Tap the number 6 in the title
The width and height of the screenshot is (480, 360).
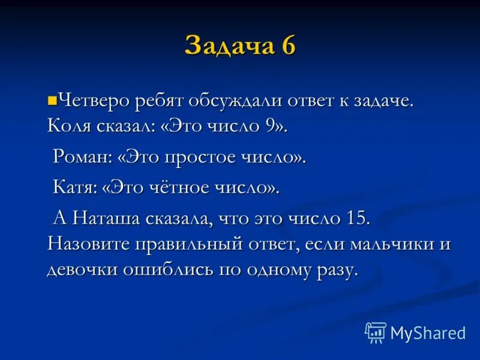click(x=286, y=46)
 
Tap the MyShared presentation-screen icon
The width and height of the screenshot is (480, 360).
click(x=376, y=332)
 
